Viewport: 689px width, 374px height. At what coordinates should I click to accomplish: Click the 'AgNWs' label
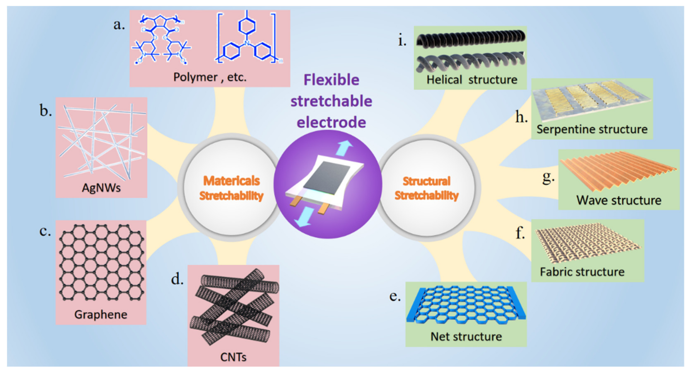point(101,188)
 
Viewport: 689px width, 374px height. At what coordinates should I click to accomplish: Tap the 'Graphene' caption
point(101,314)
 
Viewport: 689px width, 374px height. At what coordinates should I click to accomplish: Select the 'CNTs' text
point(233,357)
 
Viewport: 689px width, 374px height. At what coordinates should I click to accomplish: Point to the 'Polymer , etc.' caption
point(210,77)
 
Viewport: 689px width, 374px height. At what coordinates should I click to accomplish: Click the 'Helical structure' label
point(472,80)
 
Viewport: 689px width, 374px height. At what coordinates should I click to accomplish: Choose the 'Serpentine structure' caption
point(592,129)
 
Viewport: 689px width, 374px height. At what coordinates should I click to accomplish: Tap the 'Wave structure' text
point(619,200)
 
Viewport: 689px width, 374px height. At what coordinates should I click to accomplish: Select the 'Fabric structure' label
point(582,272)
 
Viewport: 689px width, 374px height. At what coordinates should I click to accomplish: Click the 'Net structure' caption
point(466,336)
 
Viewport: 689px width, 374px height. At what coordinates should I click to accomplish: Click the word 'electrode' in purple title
point(331,122)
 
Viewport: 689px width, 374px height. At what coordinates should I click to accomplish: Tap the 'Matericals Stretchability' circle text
point(232,188)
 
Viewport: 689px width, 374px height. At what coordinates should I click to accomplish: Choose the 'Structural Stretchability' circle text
point(427,188)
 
